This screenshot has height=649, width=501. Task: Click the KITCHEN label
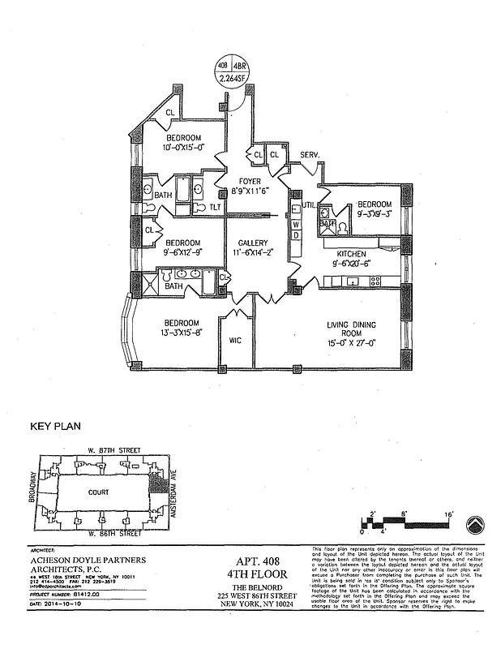click(351, 254)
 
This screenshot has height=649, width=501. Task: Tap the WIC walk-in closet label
click(236, 341)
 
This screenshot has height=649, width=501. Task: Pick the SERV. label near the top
click(310, 154)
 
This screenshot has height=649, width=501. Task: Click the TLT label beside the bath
click(215, 208)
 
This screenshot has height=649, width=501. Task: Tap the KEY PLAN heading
click(55, 425)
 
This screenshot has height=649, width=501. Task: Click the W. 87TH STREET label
click(114, 450)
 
